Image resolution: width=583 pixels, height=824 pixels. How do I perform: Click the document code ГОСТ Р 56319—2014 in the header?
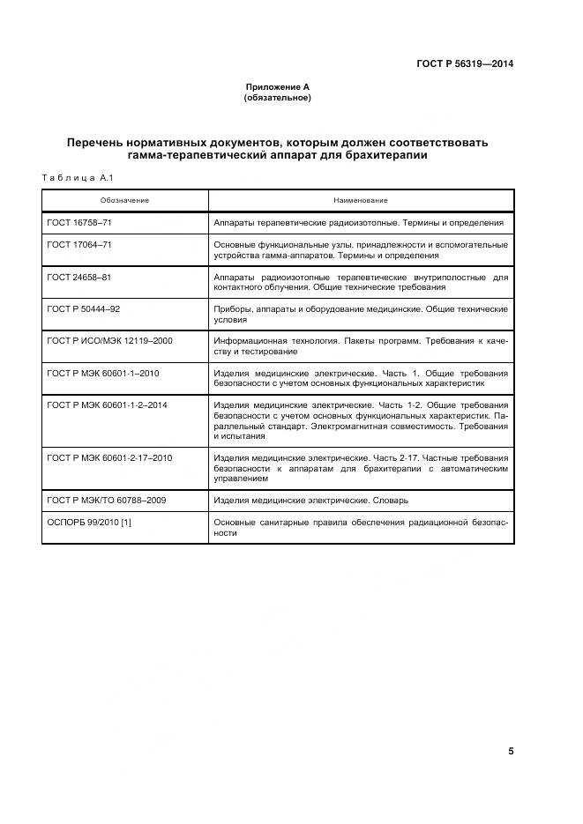pos(466,64)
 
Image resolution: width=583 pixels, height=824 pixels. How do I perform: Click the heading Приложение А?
pos(277,87)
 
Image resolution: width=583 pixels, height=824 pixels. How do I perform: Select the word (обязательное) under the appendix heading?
pos(277,98)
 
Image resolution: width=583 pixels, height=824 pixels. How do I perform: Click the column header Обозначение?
pos(124,201)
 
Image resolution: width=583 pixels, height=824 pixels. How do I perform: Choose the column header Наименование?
pos(360,201)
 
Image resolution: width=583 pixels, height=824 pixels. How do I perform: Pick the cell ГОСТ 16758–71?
pos(79,224)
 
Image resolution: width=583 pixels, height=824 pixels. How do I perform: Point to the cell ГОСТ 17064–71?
pos(79,244)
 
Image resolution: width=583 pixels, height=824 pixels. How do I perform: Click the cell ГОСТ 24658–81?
pos(79,277)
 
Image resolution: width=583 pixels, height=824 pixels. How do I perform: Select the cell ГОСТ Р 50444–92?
pos(84,309)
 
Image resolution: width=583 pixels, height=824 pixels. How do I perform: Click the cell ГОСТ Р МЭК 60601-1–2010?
pos(103,374)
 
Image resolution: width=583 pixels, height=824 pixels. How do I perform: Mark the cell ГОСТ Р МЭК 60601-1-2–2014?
pos(107,405)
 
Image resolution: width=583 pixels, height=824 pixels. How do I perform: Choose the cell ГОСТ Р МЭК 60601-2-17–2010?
pos(109,458)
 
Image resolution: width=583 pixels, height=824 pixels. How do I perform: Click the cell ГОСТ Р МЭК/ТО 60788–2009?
pos(106,500)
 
